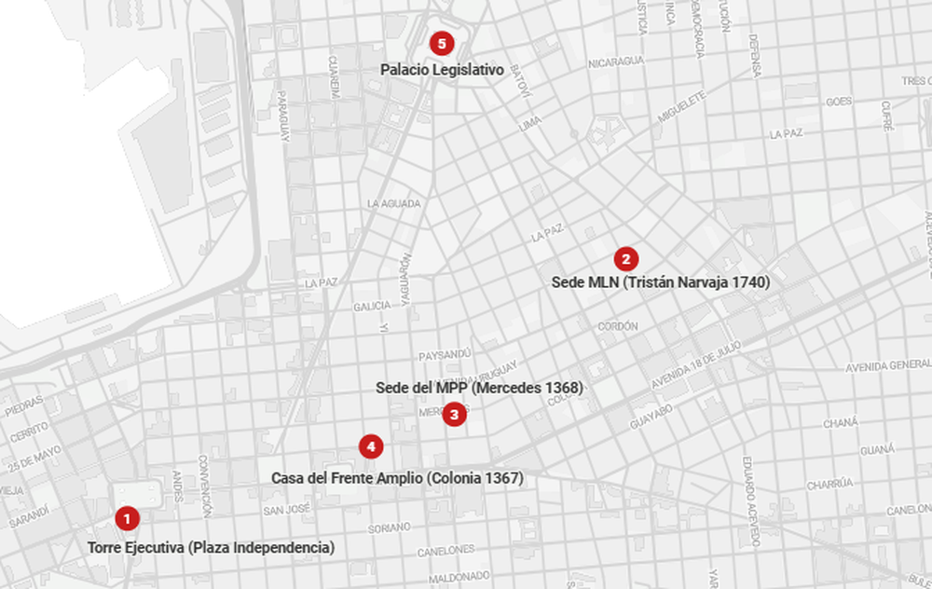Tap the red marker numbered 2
625,259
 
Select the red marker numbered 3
454,414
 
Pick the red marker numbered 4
371,447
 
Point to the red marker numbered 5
441,43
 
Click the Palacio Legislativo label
441,70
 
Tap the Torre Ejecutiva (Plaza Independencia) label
211,547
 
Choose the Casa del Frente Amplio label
397,477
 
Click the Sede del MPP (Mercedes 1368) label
479,388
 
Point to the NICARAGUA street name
616,62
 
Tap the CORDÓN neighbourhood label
619,327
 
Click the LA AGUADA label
394,203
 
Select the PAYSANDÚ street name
445,355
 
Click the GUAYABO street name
651,416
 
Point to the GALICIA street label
372,307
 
